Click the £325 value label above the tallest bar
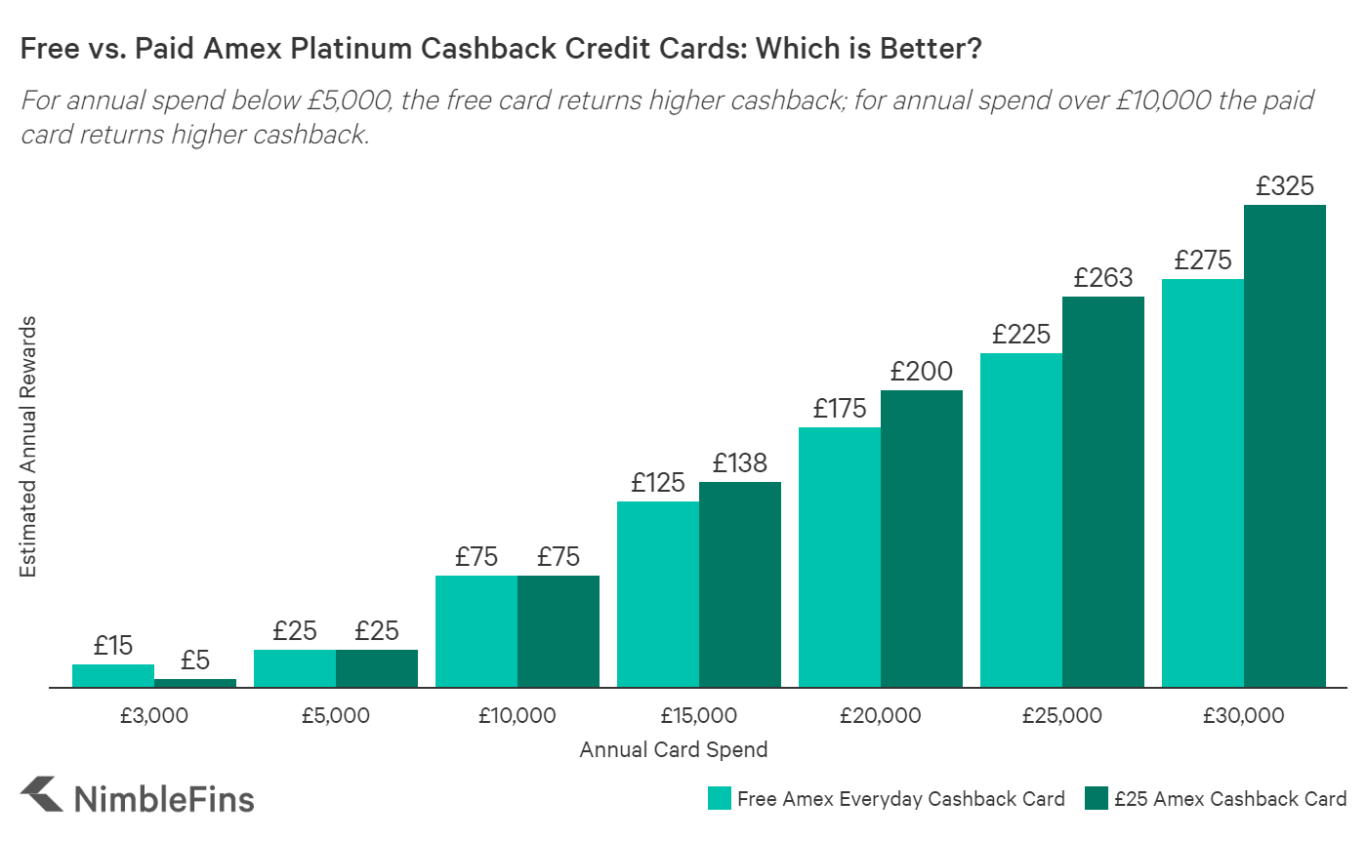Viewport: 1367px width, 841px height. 1285,186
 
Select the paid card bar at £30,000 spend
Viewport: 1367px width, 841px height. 1285,446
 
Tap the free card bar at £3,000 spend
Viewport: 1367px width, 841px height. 113,676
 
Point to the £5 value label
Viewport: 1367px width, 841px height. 195,661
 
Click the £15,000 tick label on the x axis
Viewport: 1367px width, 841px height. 699,716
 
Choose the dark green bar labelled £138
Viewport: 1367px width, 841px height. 740,584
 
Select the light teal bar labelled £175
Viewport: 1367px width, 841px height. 840,557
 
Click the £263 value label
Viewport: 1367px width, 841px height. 1103,278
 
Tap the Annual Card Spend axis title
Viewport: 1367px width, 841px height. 674,750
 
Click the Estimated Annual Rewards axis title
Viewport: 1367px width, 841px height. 28,447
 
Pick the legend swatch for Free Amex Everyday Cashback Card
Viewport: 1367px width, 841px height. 719,799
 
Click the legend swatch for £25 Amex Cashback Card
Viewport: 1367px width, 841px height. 1096,799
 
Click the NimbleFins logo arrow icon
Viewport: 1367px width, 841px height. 41,795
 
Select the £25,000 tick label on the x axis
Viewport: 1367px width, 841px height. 1062,716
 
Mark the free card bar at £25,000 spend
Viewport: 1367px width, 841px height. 1021,520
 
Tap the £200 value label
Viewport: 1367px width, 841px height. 922,372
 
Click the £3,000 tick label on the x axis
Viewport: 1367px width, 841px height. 154,716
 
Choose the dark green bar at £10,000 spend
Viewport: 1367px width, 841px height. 559,631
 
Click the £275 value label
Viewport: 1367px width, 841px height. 1203,260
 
